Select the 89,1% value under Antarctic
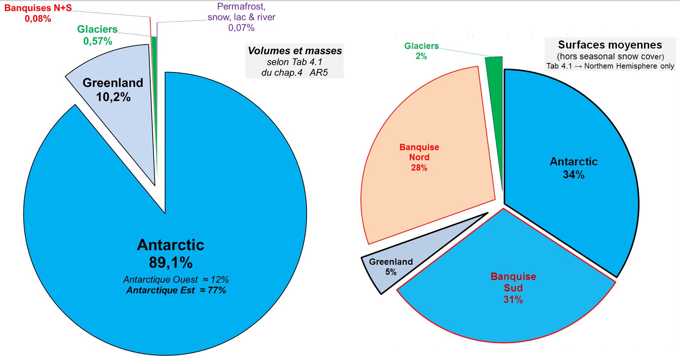coord(171,262)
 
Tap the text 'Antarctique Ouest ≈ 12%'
coord(176,280)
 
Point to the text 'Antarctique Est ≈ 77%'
coord(176,290)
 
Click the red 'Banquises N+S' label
coord(38,8)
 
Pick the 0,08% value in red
coord(38,18)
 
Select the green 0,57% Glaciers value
coord(97,41)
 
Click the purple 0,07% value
coord(241,28)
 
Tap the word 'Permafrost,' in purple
coord(241,7)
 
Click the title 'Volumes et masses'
coord(295,51)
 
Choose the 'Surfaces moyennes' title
coord(610,45)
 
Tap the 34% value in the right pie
coord(574,175)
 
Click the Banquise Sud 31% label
coord(513,288)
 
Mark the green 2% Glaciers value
coord(421,56)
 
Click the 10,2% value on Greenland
coord(113,97)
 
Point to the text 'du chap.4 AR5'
coord(294,72)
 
